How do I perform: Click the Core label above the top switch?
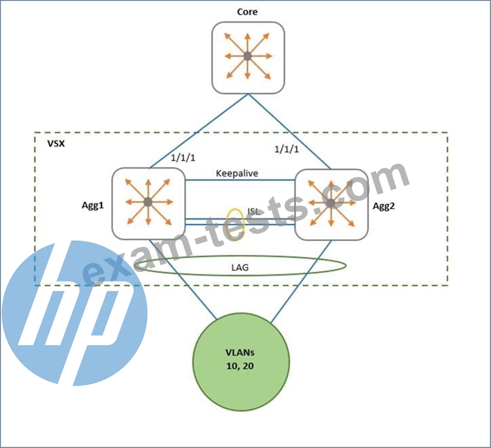(x=247, y=12)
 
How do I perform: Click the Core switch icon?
(x=248, y=57)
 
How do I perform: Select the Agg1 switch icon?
(x=148, y=203)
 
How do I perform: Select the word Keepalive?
(x=237, y=174)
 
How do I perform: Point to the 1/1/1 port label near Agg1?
(x=183, y=158)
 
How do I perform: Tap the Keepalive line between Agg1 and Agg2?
(x=240, y=181)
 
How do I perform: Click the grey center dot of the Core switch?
(x=248, y=56)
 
